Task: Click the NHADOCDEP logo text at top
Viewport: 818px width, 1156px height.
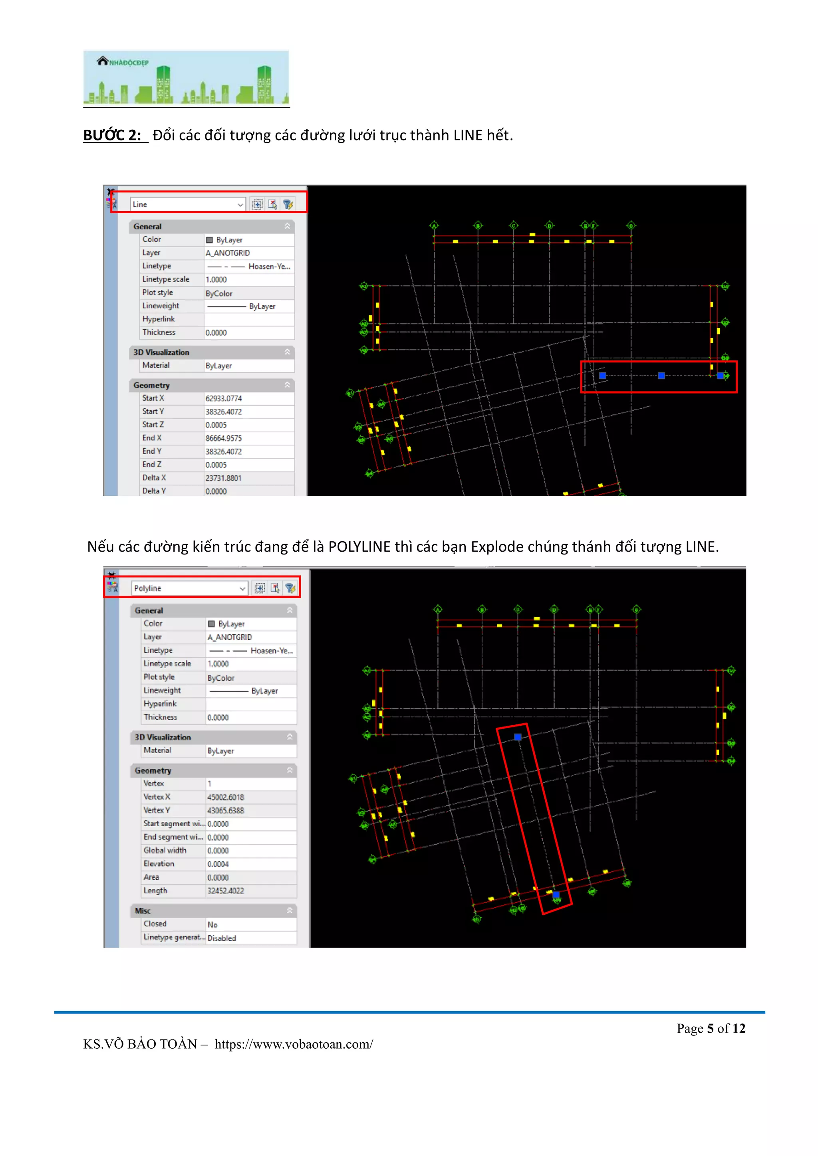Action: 129,62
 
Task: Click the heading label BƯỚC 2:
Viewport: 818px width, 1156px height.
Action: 112,135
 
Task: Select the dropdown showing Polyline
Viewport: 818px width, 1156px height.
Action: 189,588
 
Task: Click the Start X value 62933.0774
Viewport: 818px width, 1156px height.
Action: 224,398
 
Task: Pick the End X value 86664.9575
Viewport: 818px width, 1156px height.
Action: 224,438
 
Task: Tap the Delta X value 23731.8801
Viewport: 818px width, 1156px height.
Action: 224,478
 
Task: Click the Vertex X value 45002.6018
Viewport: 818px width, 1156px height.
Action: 226,797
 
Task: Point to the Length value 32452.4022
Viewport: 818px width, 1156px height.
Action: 226,891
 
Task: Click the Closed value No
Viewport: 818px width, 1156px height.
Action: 212,924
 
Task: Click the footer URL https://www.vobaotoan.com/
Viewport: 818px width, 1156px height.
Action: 294,1044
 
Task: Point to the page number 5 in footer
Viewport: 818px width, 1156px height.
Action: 710,1028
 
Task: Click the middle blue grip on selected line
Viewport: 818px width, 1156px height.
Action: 661,376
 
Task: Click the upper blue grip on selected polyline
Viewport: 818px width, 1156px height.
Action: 517,737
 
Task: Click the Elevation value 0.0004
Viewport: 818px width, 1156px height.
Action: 218,864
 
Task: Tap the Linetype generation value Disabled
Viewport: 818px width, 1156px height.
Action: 222,938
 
